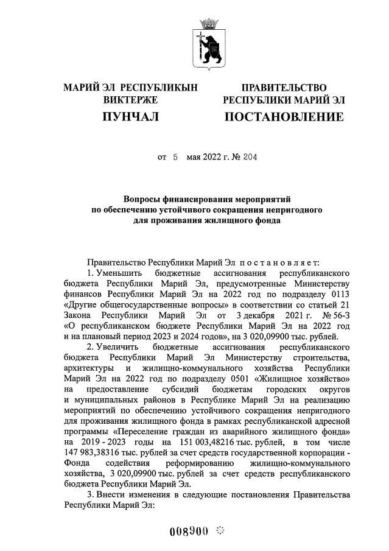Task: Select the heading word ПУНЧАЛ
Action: coord(130,116)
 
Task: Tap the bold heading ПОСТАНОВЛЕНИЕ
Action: coord(284,116)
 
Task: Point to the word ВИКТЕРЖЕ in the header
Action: coord(130,99)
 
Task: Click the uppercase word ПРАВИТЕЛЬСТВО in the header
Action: coord(284,88)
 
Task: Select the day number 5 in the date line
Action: coord(175,157)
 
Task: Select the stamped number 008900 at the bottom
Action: coord(189,532)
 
